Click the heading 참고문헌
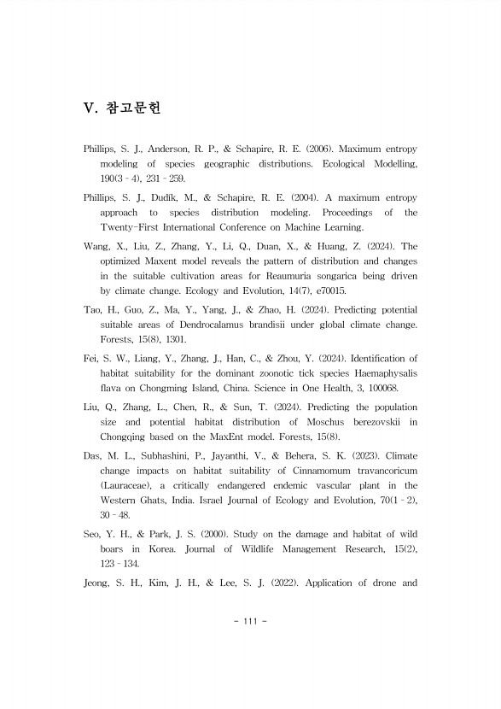(x=132, y=108)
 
